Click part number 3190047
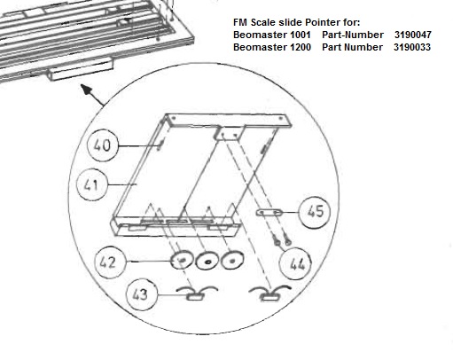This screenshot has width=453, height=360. point(413,35)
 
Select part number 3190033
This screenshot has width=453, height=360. point(412,47)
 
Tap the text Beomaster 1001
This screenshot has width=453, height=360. point(272,35)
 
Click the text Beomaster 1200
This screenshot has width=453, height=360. point(272,47)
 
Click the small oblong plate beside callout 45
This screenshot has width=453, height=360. point(269,212)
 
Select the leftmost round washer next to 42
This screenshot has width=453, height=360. point(181,260)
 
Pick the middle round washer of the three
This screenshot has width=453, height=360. point(207,261)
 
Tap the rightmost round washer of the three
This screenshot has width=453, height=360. point(232,260)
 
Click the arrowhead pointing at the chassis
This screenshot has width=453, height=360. point(86,90)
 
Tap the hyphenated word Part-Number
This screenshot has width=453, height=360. point(353,35)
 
